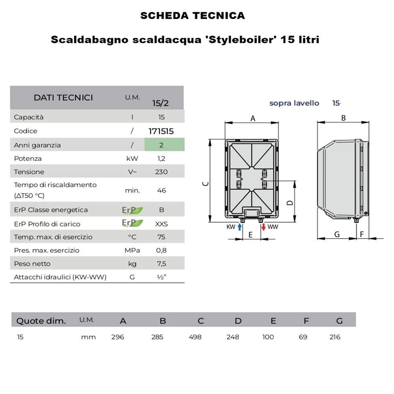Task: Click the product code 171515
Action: tap(161, 131)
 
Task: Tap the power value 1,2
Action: tap(161, 158)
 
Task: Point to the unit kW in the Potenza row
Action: tap(132, 158)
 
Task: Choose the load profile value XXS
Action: tap(162, 224)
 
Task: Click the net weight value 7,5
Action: tap(162, 264)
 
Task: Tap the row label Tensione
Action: tap(29, 172)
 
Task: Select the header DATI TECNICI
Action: tap(63, 98)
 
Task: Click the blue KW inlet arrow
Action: tap(240, 227)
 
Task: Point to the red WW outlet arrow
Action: tap(263, 227)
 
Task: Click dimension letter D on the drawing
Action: tap(290, 203)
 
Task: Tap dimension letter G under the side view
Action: tap(337, 234)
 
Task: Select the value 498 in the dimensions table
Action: tap(195, 337)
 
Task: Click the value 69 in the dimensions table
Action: tap(303, 337)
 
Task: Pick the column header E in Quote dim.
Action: tap(273, 321)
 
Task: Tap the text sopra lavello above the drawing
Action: tap(294, 103)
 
